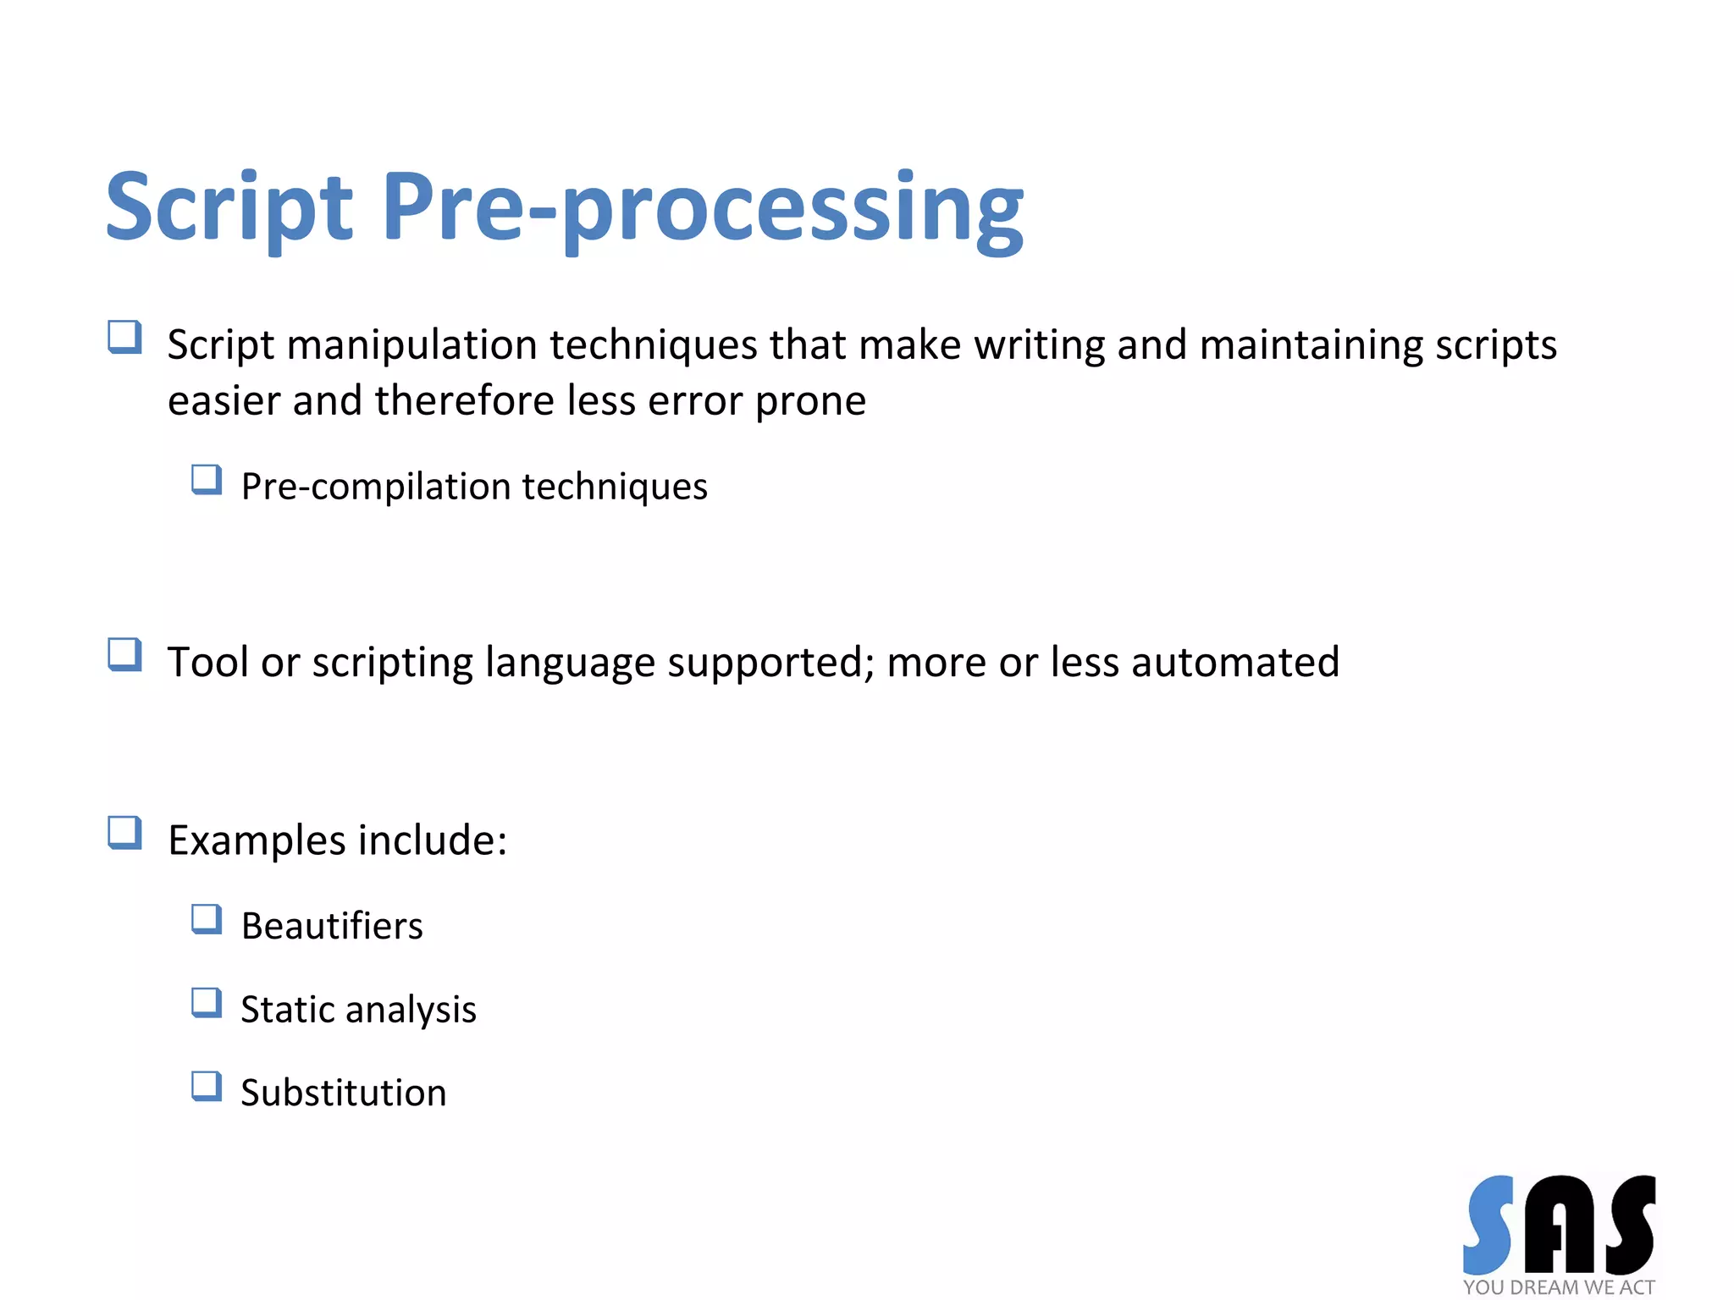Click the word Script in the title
(x=229, y=207)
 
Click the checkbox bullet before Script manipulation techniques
(x=124, y=338)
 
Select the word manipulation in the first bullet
(x=412, y=345)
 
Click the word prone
(x=810, y=401)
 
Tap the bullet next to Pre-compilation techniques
(x=207, y=480)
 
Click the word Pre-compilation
(x=376, y=487)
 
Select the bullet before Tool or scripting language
(x=124, y=655)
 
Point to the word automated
(x=1235, y=662)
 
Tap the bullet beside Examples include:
(x=124, y=833)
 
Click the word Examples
(x=257, y=841)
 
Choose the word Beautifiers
(x=332, y=926)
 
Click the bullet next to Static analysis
(x=207, y=1003)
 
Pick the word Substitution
(x=343, y=1093)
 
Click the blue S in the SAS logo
(x=1489, y=1224)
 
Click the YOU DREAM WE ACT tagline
(x=1559, y=1287)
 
